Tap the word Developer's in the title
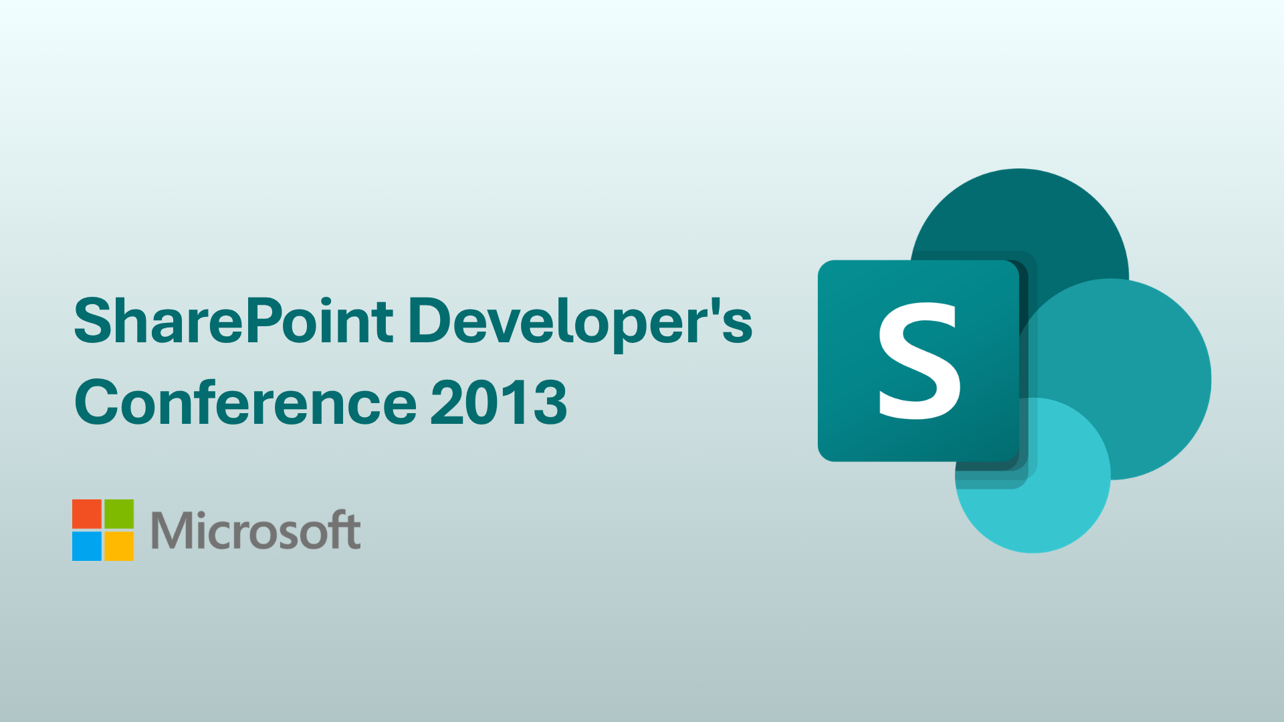[580, 325]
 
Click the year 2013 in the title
[499, 402]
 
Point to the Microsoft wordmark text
[256, 530]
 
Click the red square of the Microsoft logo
[87, 514]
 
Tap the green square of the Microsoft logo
[119, 514]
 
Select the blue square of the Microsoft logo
[87, 546]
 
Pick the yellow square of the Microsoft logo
[119, 546]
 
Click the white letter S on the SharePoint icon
[920, 361]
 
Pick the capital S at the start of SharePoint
[93, 321]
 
